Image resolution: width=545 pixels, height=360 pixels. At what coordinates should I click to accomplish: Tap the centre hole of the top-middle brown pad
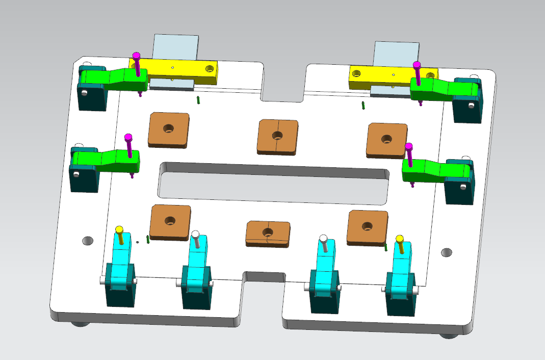point(277,136)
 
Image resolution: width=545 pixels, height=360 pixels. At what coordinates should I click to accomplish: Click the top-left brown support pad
point(169,130)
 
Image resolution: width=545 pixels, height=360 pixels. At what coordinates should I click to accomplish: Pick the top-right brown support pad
point(387,139)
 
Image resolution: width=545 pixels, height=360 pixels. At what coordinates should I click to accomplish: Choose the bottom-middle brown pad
point(268,233)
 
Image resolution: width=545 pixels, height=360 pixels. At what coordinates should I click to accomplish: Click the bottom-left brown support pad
point(170,221)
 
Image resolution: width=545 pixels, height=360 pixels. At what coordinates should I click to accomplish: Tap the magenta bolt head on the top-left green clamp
point(136,55)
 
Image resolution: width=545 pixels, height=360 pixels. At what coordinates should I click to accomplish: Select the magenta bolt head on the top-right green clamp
point(417,65)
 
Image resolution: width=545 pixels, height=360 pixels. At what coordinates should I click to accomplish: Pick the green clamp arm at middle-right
point(428,168)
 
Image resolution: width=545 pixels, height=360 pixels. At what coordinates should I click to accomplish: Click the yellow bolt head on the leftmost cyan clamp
point(119,229)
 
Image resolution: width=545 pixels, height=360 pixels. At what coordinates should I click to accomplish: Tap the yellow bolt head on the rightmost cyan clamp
point(400,239)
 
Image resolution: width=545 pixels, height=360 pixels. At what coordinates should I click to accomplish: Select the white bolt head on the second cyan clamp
point(195,235)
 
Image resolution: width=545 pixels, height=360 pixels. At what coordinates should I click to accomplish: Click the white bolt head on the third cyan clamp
point(323,238)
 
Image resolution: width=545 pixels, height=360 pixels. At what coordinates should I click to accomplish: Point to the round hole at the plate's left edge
point(88,240)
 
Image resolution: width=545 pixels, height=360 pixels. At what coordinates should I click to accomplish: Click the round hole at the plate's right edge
point(447,252)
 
